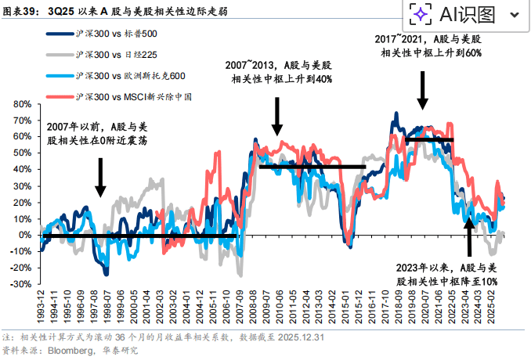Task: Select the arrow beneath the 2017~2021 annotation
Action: click(423, 90)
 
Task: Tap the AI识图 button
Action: click(457, 14)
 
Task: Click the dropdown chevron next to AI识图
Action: click(514, 15)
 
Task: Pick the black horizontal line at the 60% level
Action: click(429, 139)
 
